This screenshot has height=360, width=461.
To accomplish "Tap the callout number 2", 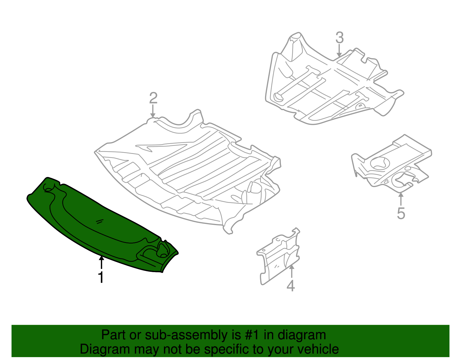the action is pos(153,98).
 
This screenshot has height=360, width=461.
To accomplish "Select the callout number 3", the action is pos(340,38).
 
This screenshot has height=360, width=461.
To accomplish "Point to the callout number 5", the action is pos(401,213).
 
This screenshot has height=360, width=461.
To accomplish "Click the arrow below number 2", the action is pos(153,111).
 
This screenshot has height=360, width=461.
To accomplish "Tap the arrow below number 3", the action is pos(339,50).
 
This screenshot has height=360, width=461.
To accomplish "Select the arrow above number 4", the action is pos(292,271).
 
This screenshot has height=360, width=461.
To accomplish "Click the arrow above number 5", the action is pos(401,199).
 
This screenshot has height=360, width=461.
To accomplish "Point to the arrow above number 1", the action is pos(101,263).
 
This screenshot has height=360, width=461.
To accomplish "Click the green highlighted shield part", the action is pos(102,225).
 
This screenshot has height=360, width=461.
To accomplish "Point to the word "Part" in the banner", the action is pos(114,335).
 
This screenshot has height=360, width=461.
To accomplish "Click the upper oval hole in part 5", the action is pos(380,163).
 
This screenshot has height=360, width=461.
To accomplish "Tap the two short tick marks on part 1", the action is pos(100,222).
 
